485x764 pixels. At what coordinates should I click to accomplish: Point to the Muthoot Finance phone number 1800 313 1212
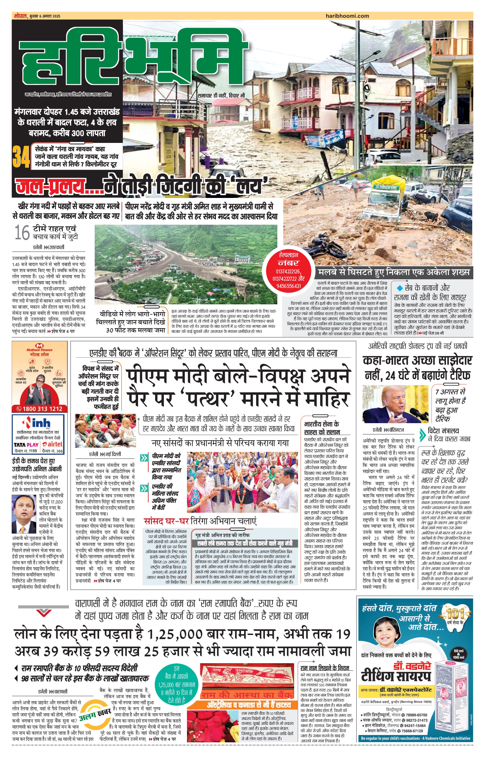tap(40, 409)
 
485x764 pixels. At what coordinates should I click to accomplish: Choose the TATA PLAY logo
tap(26, 445)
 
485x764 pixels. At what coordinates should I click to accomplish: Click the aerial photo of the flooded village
tap(186, 264)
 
